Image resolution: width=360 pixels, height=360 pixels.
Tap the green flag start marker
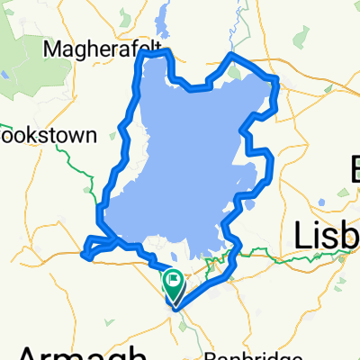point(173,284)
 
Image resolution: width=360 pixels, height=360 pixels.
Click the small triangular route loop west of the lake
point(97,247)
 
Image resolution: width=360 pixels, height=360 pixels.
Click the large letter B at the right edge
point(354,166)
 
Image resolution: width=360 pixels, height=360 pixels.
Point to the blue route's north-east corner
point(275,83)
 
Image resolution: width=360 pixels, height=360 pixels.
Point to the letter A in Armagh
point(31,351)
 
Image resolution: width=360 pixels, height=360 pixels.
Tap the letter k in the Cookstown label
point(31,136)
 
